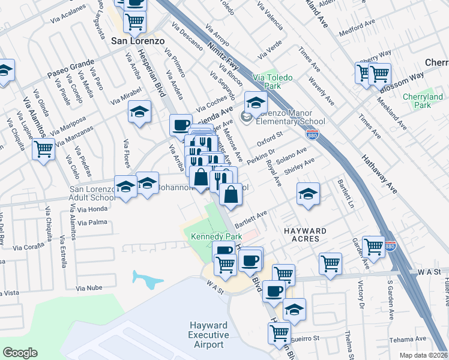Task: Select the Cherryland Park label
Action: (423, 101)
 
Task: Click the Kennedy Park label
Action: (211, 236)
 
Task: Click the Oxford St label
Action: (270, 143)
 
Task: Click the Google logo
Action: (20, 352)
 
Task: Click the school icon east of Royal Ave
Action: (308, 194)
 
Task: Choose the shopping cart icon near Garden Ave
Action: (373, 246)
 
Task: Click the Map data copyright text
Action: (423, 355)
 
